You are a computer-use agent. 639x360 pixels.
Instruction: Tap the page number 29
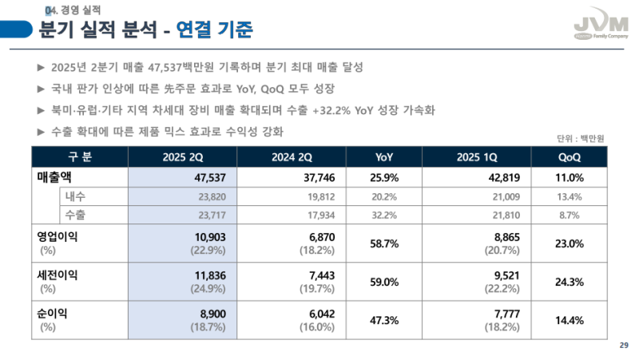click(624, 344)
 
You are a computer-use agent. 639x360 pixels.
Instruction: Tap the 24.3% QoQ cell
click(570, 282)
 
